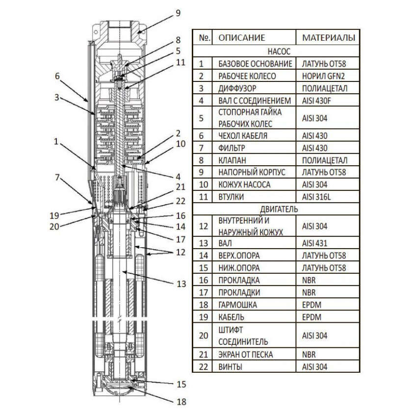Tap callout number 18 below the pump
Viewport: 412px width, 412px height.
coord(181,402)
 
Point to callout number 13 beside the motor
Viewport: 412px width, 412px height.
coord(181,283)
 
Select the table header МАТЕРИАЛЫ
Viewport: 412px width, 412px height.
coord(328,37)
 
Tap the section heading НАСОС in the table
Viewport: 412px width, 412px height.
coord(279,51)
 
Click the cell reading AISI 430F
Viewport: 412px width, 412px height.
coord(318,101)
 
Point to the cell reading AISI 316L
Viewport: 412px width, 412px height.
coord(317,196)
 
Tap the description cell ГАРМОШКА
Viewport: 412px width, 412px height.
coord(237,305)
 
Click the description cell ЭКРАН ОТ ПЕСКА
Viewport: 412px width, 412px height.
coord(246,355)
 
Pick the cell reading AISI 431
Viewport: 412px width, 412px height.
coord(314,243)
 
